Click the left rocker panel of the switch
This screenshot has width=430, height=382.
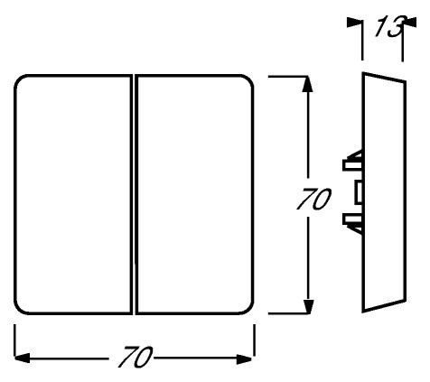(73, 195)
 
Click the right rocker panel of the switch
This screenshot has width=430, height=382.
(194, 195)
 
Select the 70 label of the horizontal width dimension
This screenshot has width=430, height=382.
(136, 358)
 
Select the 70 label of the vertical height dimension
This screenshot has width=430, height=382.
(313, 199)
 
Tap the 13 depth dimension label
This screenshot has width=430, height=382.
(389, 26)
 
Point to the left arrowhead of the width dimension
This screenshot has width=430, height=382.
(22, 359)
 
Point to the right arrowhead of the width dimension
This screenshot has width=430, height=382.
(244, 359)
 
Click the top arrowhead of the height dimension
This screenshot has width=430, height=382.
(307, 84)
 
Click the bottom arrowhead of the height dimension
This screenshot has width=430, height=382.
(308, 307)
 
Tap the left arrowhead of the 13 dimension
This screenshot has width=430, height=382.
(354, 23)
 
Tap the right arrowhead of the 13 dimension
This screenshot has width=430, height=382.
(409, 23)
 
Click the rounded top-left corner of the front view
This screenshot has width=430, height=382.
(18, 79)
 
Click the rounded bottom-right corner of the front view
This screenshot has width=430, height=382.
(250, 311)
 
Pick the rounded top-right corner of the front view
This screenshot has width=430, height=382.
(250, 79)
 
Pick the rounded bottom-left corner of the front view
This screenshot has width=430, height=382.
(18, 311)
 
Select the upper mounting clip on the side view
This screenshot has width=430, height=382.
(353, 161)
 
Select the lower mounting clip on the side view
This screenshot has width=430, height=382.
(353, 223)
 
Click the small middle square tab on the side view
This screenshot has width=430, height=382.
(358, 192)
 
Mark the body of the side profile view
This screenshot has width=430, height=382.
(384, 192)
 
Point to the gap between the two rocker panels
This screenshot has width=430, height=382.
(134, 195)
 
